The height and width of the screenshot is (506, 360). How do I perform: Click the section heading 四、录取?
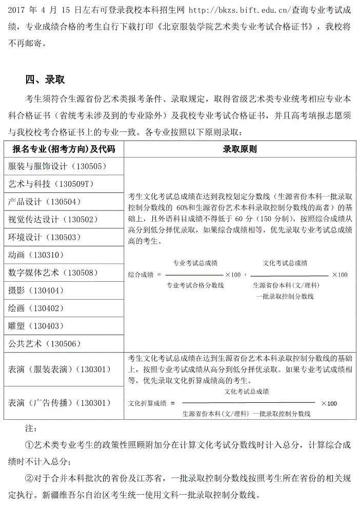45,80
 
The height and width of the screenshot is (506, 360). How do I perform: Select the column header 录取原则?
239,149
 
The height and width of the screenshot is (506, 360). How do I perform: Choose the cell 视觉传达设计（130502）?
53,219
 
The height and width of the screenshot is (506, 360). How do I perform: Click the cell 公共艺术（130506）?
49,343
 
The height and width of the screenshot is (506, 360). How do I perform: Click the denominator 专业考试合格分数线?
195,285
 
